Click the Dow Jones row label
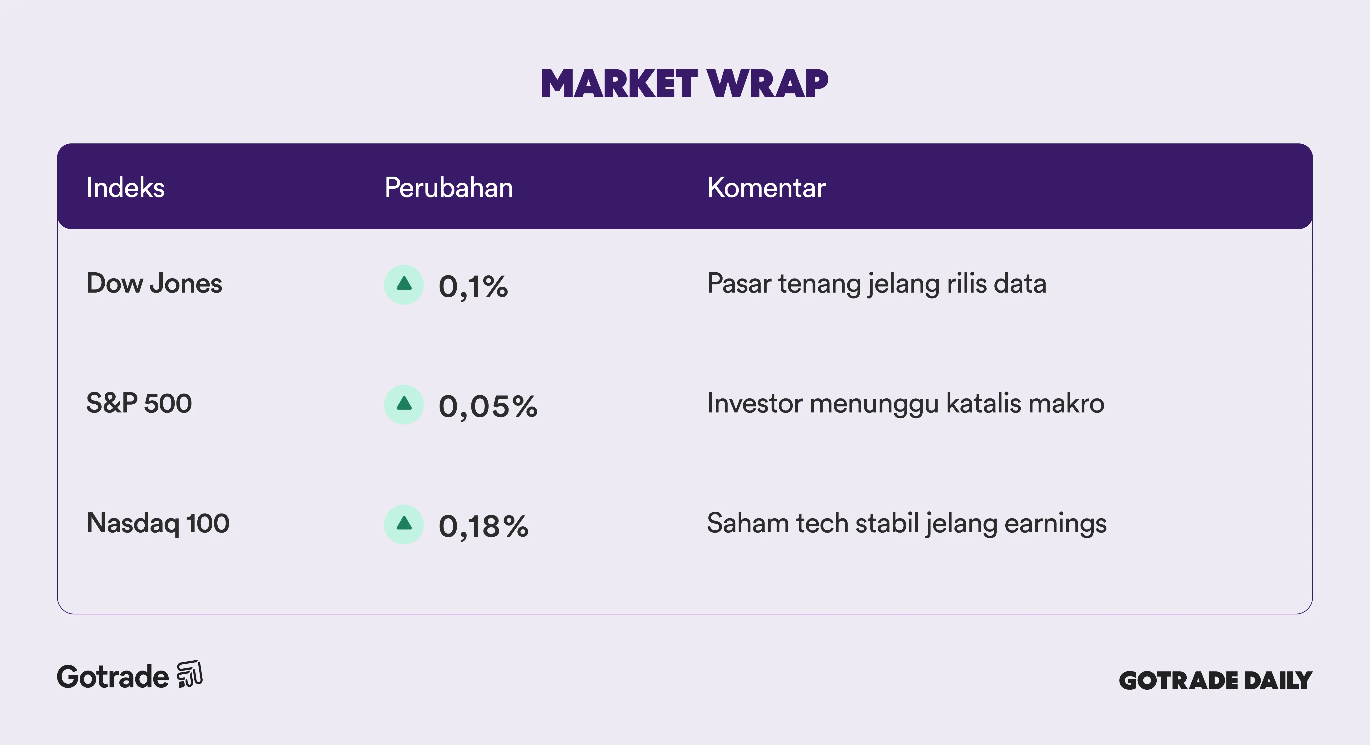tap(154, 283)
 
